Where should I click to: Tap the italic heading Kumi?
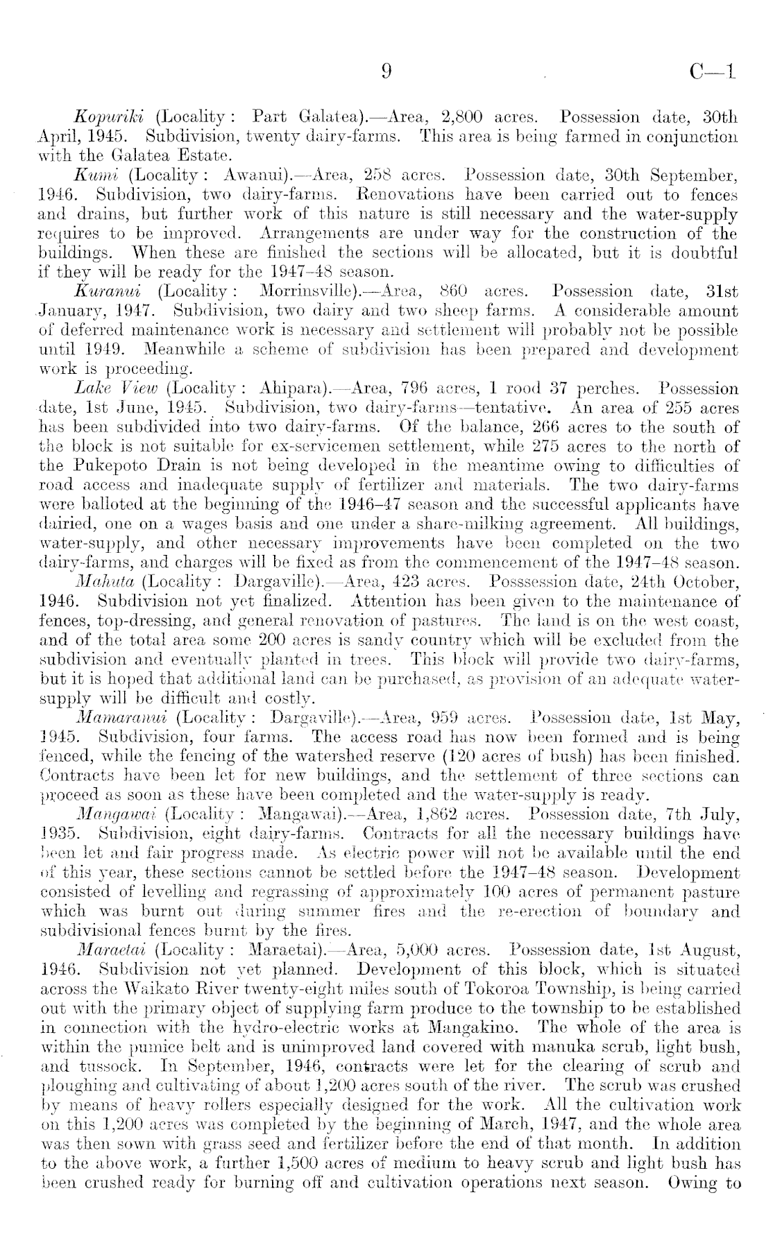pos(94,176)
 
